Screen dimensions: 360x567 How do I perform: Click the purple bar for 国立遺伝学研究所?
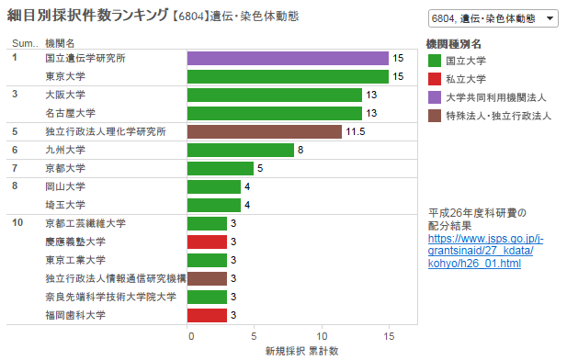point(288,58)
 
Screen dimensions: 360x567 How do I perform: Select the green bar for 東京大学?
point(288,76)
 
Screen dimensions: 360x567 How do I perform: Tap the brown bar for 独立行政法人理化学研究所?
point(264,131)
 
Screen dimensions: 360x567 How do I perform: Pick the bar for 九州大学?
point(241,150)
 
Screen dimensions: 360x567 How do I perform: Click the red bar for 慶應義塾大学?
point(207,242)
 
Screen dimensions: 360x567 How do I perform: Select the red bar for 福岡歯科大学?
point(207,315)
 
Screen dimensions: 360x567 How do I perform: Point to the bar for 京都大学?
point(221,168)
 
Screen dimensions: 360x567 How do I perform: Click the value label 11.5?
point(355,131)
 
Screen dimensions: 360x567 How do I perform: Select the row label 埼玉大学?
point(65,205)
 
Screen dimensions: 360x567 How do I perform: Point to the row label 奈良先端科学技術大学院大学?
point(110,297)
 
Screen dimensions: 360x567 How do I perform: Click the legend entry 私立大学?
point(466,79)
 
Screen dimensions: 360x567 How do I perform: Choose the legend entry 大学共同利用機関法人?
point(496,97)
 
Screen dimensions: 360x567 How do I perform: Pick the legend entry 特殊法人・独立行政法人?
point(497,116)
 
